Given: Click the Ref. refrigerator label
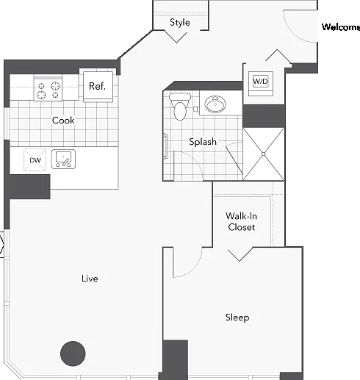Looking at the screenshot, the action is pyautogui.click(x=97, y=86).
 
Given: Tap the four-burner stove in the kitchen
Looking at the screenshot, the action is pyautogui.click(x=48, y=87).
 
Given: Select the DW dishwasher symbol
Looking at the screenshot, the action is pyautogui.click(x=35, y=160).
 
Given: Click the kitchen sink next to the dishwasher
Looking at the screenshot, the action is pyautogui.click(x=63, y=159).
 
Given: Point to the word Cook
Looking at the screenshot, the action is pyautogui.click(x=63, y=120).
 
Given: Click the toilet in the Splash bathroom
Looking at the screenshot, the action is pyautogui.click(x=180, y=107).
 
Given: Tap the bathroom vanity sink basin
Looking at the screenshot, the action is pyautogui.click(x=215, y=104).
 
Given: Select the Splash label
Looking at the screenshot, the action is pyautogui.click(x=203, y=142).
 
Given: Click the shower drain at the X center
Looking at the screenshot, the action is pyautogui.click(x=264, y=154).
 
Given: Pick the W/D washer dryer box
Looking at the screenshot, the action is pyautogui.click(x=260, y=81).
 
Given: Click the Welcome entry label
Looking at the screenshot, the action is pyautogui.click(x=341, y=27).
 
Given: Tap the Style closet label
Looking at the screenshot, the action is pyautogui.click(x=180, y=23).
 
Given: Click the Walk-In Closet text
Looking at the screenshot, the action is pyautogui.click(x=242, y=221).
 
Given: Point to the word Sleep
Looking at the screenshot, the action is pyautogui.click(x=237, y=318).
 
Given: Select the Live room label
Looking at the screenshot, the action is pyautogui.click(x=90, y=279).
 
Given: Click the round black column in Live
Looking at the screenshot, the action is pyautogui.click(x=73, y=354).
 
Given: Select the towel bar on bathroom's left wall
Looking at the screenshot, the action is pyautogui.click(x=166, y=146).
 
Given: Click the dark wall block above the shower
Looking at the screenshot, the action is pyautogui.click(x=264, y=116).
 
